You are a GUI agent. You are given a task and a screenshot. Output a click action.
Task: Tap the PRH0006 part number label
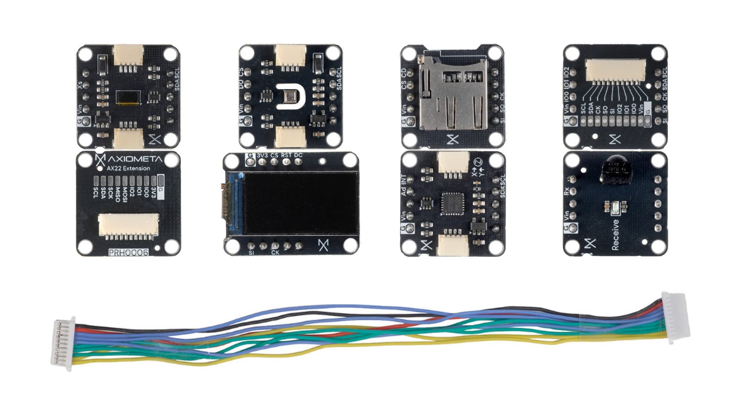click(x=128, y=252)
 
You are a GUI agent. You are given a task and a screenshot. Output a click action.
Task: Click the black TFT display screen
click(x=300, y=203)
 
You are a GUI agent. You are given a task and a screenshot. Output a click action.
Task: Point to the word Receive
click(x=615, y=235)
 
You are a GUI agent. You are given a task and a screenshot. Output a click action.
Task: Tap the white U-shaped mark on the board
click(x=290, y=97)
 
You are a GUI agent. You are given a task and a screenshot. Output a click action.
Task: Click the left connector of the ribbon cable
click(x=63, y=344)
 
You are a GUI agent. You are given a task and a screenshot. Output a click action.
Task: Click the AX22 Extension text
click(x=128, y=168)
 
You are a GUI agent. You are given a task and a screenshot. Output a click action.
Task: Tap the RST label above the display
click(x=286, y=156)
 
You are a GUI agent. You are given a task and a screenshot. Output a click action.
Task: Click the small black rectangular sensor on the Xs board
click(x=128, y=97)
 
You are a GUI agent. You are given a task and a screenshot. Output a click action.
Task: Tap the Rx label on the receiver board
click(x=567, y=190)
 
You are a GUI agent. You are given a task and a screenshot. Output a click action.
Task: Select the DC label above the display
click(x=298, y=156)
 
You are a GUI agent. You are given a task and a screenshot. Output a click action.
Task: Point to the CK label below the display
click(x=275, y=253)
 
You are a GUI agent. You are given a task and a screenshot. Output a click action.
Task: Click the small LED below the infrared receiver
click(x=615, y=207)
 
